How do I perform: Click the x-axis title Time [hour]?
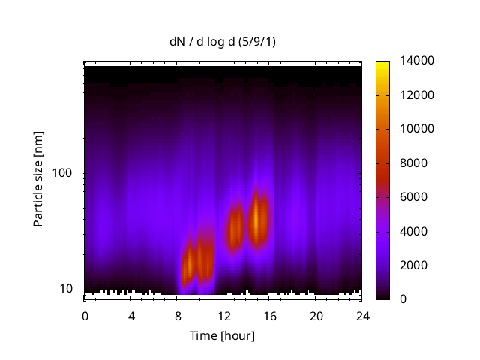click(222, 335)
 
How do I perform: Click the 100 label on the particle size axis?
click(63, 173)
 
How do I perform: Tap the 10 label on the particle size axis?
click(66, 289)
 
